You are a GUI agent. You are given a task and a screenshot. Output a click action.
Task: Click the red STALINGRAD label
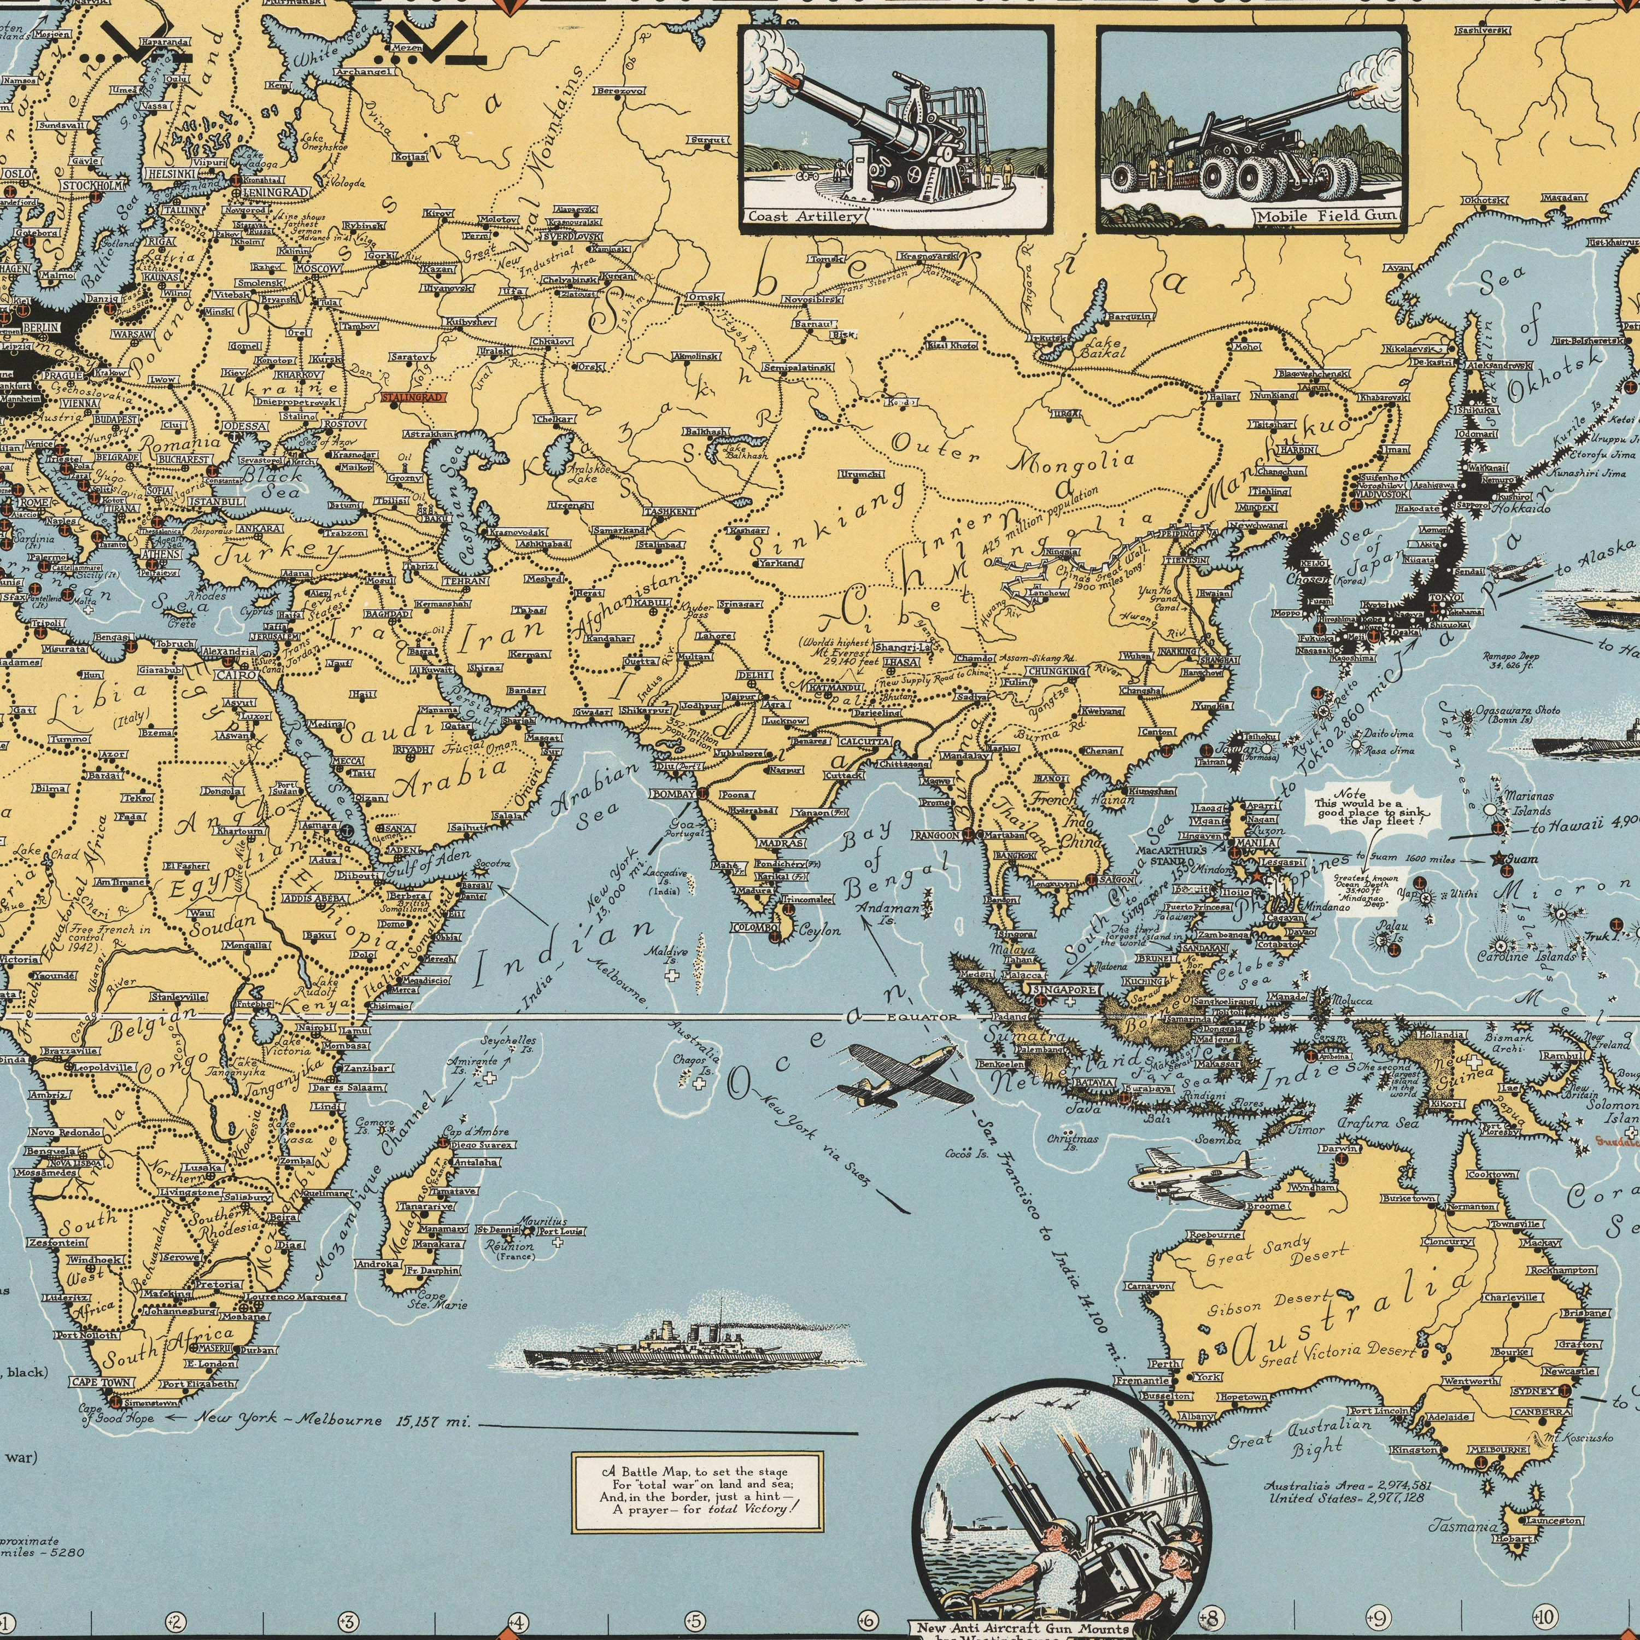click(413, 396)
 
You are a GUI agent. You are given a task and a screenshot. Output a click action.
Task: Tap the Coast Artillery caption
click(804, 216)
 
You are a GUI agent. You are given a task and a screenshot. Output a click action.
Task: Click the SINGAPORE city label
click(1065, 990)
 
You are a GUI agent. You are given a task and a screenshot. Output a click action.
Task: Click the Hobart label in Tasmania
click(1514, 1539)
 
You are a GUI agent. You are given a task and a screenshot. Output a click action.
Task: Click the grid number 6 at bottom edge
click(868, 1620)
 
